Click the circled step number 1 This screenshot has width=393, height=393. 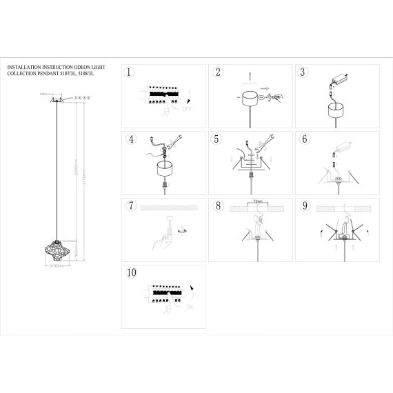(129, 72)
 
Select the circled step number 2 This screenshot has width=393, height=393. (218, 72)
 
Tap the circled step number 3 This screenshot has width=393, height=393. (303, 72)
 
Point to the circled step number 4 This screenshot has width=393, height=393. (129, 138)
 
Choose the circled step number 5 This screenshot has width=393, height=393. (217, 138)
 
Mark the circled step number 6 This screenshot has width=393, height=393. (303, 138)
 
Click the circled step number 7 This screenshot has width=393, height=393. (129, 205)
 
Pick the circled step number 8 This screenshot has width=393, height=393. (217, 205)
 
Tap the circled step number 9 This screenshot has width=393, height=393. (303, 205)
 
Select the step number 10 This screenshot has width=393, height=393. (131, 272)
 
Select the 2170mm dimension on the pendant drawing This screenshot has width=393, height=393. (83, 181)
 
